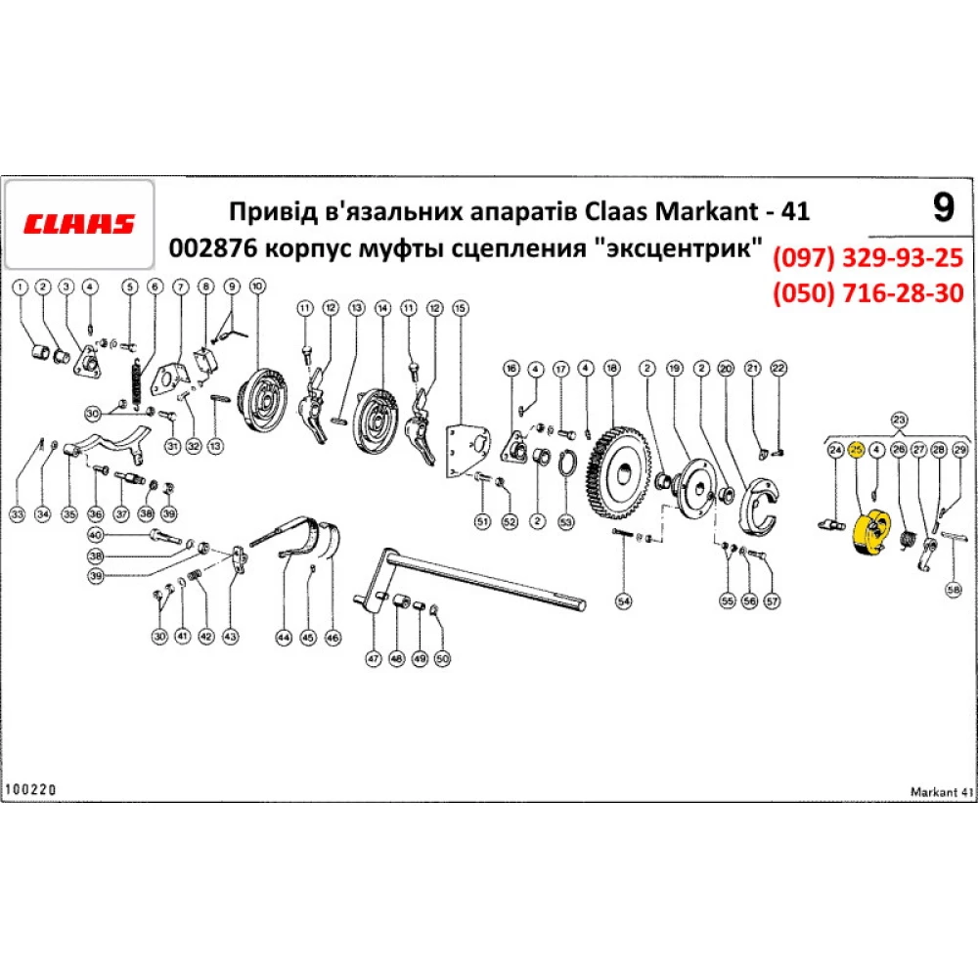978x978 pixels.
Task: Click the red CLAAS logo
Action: click(79, 224)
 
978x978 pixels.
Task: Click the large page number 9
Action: click(941, 207)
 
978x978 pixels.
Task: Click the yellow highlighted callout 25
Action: click(856, 449)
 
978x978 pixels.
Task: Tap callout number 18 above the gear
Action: click(611, 369)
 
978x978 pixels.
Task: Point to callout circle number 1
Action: click(21, 287)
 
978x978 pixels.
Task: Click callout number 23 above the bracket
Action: click(898, 420)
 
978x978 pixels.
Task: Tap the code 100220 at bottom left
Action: click(31, 787)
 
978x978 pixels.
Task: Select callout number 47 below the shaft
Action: click(373, 659)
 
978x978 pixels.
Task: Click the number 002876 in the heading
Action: click(203, 247)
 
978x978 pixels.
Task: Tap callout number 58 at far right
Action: click(954, 590)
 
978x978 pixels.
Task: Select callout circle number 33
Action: click(17, 512)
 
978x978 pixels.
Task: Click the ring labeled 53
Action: click(565, 464)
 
